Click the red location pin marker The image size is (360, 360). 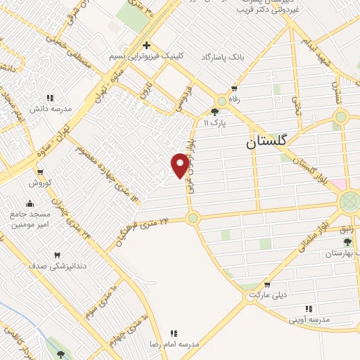[180, 165]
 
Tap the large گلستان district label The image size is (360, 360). [267, 141]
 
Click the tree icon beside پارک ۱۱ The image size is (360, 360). [214, 111]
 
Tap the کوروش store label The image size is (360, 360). [40, 183]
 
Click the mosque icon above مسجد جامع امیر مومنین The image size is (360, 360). [30, 202]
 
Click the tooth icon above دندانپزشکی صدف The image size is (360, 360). [58, 255]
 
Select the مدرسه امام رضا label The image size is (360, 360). [174, 344]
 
